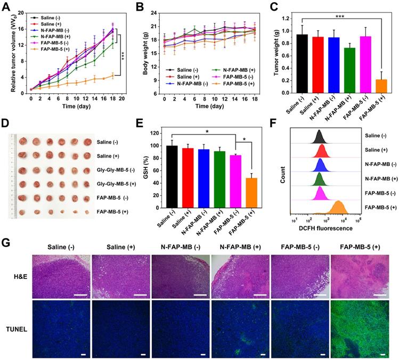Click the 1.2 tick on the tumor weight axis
(x=275, y=18)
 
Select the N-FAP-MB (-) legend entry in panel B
(x=180, y=84)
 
